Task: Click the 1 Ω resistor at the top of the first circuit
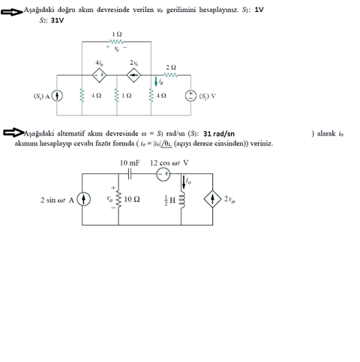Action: [116, 43]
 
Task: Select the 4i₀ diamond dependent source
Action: [99, 74]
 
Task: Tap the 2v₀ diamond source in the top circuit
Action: [134, 74]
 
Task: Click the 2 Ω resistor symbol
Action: [171, 75]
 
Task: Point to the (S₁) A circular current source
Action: [57, 96]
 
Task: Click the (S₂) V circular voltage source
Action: [190, 96]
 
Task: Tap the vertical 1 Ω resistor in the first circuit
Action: [117, 96]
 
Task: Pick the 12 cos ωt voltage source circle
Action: [163, 173]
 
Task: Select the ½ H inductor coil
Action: [183, 199]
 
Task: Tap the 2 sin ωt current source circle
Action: [84, 199]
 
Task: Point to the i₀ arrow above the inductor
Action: [183, 181]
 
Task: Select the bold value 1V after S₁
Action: [259, 9]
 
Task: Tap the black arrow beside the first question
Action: [13, 10]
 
